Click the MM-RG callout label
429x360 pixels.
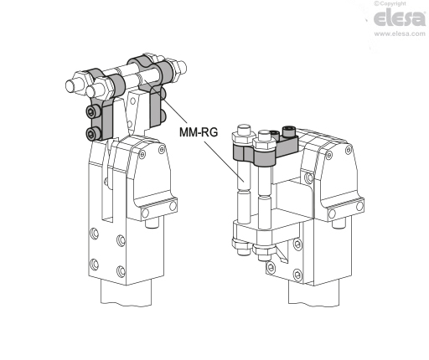tap(199, 132)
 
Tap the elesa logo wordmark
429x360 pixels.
tap(400, 18)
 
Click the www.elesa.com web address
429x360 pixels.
tap(400, 33)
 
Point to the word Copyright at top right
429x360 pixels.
tap(393, 3)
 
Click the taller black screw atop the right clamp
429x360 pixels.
tap(289, 131)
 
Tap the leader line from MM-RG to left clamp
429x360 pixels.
tap(166, 101)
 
